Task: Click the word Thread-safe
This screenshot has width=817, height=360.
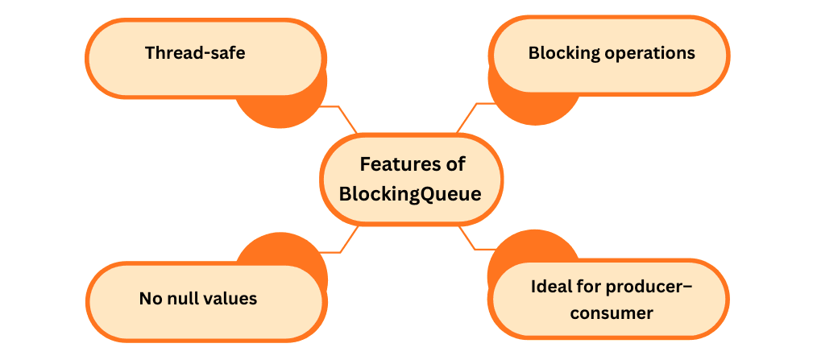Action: pyautogui.click(x=195, y=53)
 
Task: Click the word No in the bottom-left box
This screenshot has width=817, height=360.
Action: pyautogui.click(x=151, y=299)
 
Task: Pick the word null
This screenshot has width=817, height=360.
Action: pyautogui.click(x=182, y=299)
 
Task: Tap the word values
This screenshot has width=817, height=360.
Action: pyautogui.click(x=230, y=299)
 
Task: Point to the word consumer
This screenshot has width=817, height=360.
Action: pyautogui.click(x=612, y=313)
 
